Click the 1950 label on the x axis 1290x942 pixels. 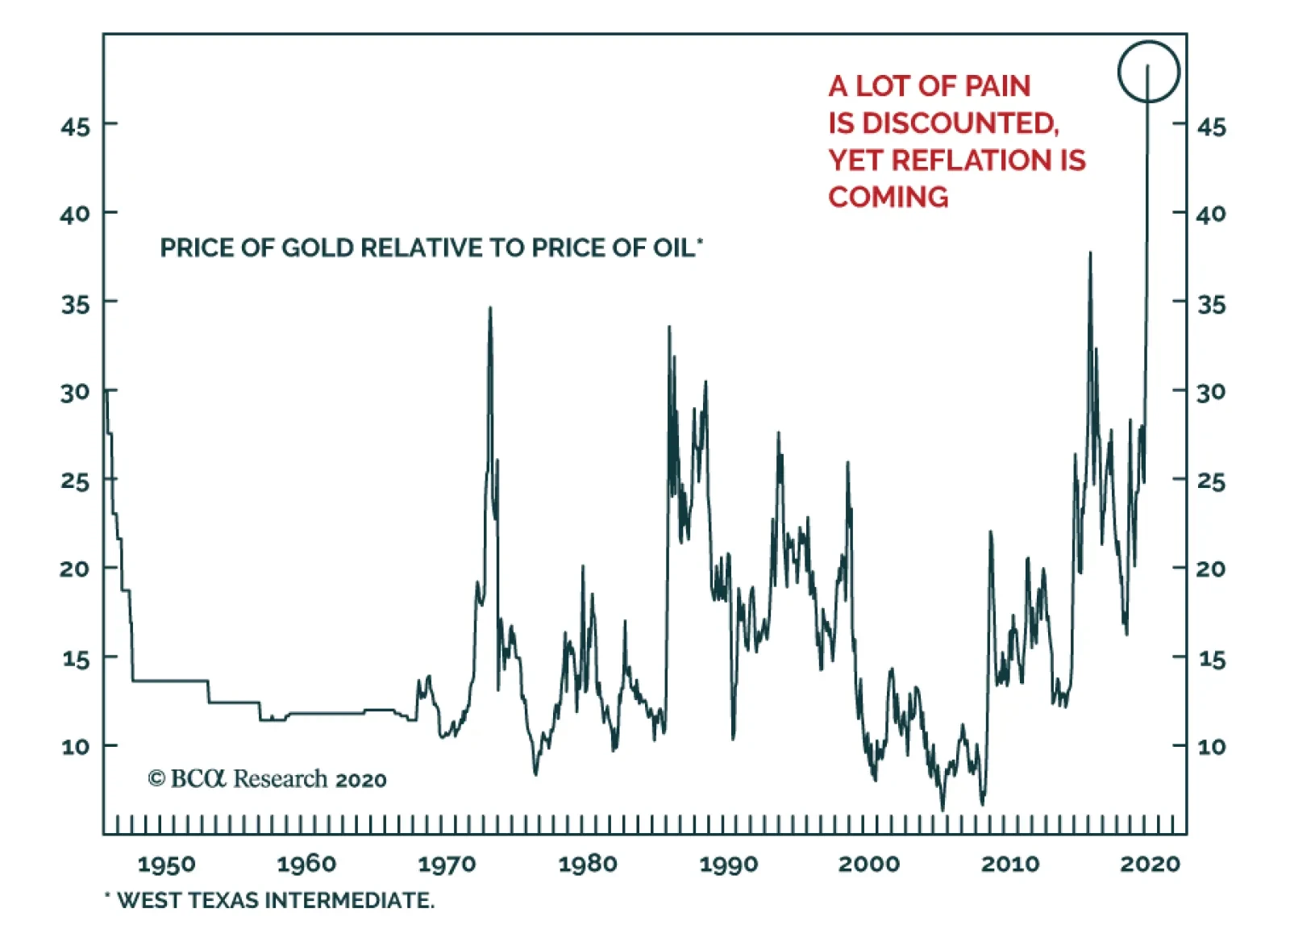[166, 864]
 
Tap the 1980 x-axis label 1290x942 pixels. [588, 864]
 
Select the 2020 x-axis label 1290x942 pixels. [1150, 864]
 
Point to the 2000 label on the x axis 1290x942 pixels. [869, 864]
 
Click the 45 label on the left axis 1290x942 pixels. [75, 127]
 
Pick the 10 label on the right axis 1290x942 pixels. [1211, 746]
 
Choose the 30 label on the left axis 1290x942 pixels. [75, 393]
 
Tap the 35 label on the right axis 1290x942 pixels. [1211, 305]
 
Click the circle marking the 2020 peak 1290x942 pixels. [1148, 72]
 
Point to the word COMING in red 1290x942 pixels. [888, 198]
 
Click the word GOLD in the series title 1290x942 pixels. [318, 248]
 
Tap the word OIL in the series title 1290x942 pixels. [673, 248]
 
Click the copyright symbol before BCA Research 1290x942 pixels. [156, 779]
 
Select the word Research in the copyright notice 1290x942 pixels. [281, 779]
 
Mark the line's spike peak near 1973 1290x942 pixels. [490, 308]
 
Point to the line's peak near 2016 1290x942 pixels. [1090, 253]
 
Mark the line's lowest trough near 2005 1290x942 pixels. [943, 809]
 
